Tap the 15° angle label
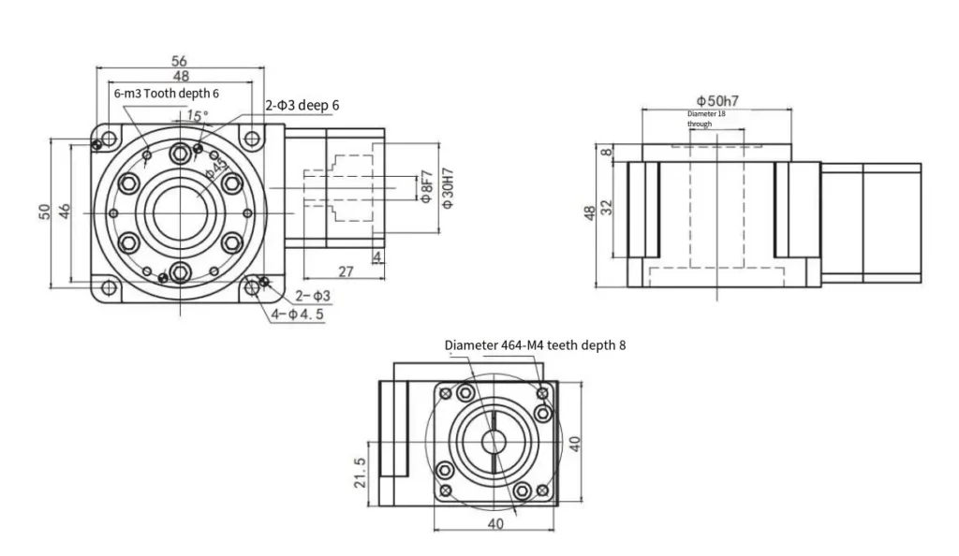[x=197, y=116]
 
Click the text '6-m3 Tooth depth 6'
[x=166, y=94]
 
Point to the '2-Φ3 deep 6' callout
[x=302, y=106]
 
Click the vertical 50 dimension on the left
[x=44, y=211]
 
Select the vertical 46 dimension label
[x=64, y=211]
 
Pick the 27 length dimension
[x=345, y=271]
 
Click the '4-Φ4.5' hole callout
[x=298, y=315]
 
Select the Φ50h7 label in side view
[x=716, y=99]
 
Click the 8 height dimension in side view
[x=606, y=151]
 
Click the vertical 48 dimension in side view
[x=588, y=214]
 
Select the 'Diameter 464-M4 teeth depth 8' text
[x=535, y=344]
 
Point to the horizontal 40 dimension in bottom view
[x=495, y=523]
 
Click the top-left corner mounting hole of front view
[x=110, y=139]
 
